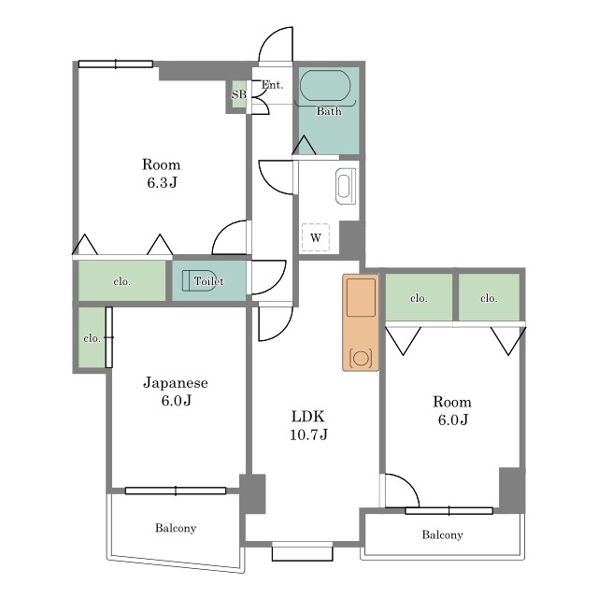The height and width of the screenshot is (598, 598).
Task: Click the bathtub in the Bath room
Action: pyautogui.click(x=325, y=85)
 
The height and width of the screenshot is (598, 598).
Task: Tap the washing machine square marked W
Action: pyautogui.click(x=316, y=237)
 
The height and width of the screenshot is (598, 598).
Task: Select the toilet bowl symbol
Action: pyautogui.click(x=198, y=280)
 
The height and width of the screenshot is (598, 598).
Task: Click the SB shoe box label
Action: pyautogui.click(x=239, y=93)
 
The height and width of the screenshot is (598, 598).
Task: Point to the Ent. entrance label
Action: pyautogui.click(x=272, y=85)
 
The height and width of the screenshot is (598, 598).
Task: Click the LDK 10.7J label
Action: pyautogui.click(x=308, y=425)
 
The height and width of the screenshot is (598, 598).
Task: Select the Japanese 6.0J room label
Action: pyautogui.click(x=176, y=392)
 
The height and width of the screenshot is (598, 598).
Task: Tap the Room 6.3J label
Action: pyautogui.click(x=162, y=173)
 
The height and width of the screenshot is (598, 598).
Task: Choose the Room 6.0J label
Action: pyautogui.click(x=452, y=410)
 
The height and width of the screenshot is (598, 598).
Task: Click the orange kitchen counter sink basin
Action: pyautogui.click(x=361, y=297)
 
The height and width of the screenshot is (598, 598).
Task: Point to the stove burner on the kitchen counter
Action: pyautogui.click(x=361, y=359)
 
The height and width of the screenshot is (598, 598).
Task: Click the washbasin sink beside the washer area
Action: pyautogui.click(x=346, y=187)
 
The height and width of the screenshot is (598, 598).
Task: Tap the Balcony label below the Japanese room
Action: pyautogui.click(x=176, y=528)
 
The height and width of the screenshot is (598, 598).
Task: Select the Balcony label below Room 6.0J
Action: pyautogui.click(x=442, y=534)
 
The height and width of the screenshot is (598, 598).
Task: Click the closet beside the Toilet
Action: pyautogui.click(x=122, y=280)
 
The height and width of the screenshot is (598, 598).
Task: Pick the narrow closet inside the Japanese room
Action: pyautogui.click(x=92, y=337)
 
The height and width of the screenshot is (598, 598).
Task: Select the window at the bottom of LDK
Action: pyautogui.click(x=303, y=550)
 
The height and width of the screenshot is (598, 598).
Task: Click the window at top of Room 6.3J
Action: pyautogui.click(x=116, y=64)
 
